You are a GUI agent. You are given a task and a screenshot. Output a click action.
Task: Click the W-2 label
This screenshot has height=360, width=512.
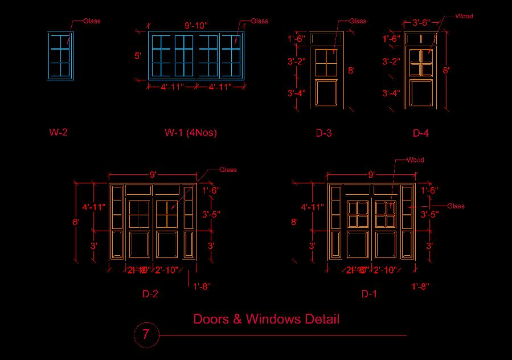(x=58, y=133)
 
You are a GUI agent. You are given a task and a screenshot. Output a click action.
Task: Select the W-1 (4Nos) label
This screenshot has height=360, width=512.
(x=191, y=133)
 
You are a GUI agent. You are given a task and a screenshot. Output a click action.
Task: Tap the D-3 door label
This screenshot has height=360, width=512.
(x=323, y=133)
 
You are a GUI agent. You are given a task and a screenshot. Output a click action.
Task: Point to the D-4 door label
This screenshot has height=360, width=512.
(x=420, y=133)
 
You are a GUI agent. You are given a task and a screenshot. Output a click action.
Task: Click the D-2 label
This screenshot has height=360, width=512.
(x=150, y=294)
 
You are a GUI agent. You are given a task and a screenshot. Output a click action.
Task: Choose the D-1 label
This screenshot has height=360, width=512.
(x=369, y=294)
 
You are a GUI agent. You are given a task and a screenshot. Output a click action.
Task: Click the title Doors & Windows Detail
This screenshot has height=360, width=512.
(x=267, y=318)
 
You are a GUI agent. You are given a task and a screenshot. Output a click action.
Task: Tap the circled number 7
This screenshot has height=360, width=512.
(x=146, y=334)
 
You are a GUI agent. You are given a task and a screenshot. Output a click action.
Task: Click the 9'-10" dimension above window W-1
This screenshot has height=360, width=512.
(x=196, y=26)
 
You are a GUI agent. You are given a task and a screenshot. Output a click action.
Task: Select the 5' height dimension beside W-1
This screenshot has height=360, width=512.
(x=137, y=56)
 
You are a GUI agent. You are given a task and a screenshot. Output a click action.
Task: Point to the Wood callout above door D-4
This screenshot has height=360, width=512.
(x=464, y=16)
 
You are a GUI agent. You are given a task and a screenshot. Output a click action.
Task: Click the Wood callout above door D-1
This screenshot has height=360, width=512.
(x=415, y=160)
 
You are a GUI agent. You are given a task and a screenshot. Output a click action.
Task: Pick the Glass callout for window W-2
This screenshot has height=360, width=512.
(x=92, y=21)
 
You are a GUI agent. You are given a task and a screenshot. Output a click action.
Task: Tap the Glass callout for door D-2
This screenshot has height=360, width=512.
(x=228, y=170)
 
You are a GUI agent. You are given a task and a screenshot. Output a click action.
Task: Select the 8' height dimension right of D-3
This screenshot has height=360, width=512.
(x=351, y=71)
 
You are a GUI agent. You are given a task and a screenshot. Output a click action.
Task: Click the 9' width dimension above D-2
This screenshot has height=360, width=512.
(x=153, y=174)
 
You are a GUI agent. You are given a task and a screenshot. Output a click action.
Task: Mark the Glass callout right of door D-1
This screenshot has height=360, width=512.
(x=456, y=206)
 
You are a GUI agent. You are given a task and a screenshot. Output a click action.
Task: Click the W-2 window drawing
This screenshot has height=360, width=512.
(x=60, y=55)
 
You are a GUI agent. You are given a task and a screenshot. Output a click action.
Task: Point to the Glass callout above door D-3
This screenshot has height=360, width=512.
(x=358, y=21)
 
